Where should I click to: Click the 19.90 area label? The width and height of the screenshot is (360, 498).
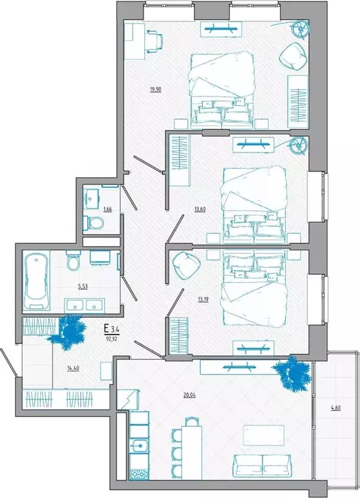coord(155,90)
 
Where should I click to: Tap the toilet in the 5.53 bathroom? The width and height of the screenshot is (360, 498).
coord(73,263)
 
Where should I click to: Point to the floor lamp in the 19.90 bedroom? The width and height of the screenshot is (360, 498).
coord(300,28)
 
